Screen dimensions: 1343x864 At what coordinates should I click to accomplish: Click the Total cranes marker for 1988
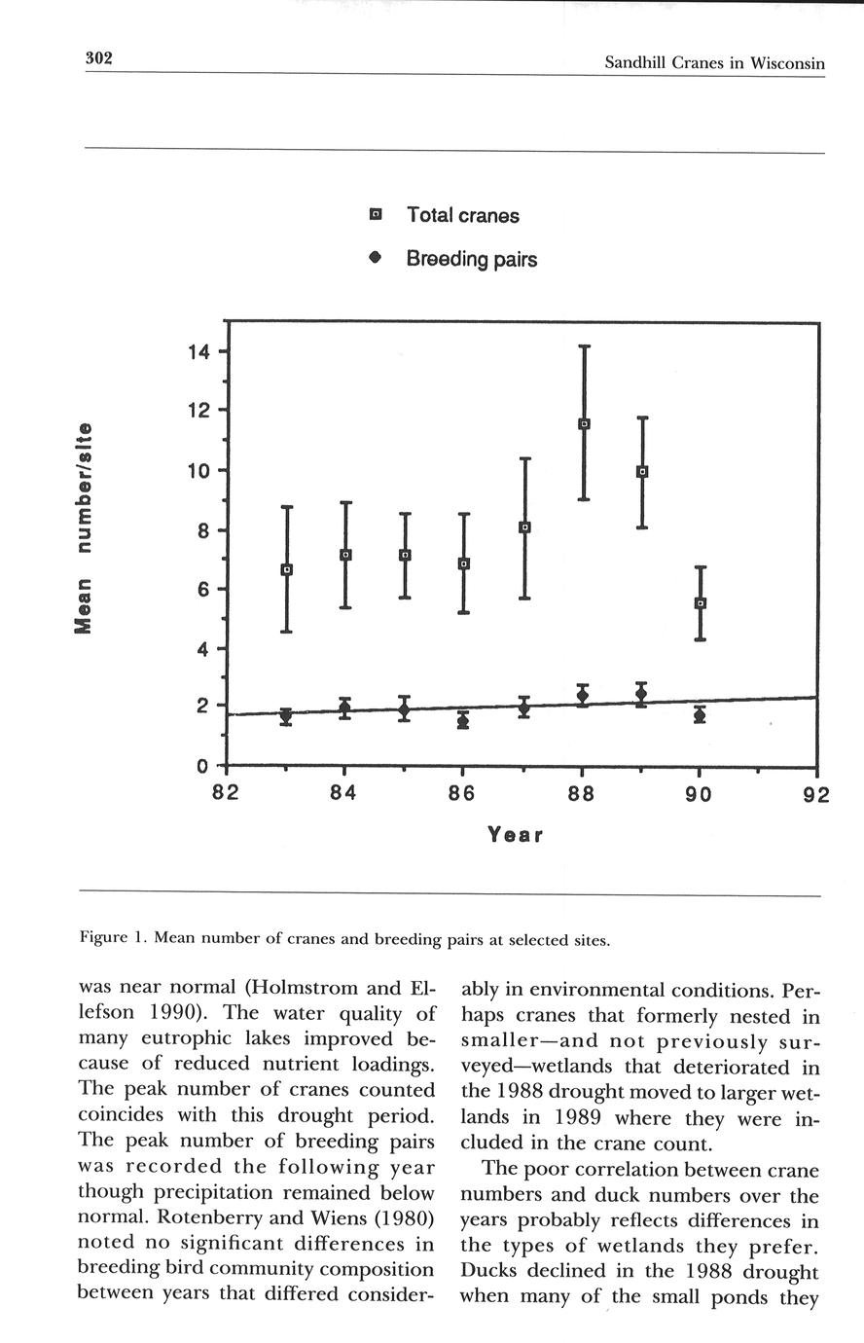(x=584, y=424)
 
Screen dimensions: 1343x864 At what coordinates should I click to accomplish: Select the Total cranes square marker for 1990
(x=700, y=603)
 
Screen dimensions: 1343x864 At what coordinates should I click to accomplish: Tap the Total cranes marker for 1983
(x=286, y=569)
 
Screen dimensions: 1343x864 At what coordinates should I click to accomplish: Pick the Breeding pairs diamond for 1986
(x=463, y=720)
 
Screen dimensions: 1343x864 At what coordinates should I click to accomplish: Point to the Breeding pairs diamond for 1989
(x=641, y=694)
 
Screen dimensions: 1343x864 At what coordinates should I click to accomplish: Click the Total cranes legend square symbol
(x=377, y=215)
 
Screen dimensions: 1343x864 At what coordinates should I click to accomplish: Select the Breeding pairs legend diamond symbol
(x=377, y=259)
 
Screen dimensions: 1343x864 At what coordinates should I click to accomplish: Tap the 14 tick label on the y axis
(x=198, y=351)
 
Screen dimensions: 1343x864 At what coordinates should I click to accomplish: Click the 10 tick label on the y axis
(x=198, y=471)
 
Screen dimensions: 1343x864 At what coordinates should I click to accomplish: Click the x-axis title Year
(x=515, y=836)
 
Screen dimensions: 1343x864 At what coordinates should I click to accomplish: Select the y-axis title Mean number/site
(x=85, y=529)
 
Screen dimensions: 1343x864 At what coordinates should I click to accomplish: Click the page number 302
(x=99, y=58)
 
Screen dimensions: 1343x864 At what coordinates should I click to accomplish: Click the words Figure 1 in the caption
(x=112, y=939)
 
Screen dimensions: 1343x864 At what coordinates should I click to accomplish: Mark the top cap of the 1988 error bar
(x=584, y=346)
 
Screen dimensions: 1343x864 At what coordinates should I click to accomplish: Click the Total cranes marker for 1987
(x=524, y=527)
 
